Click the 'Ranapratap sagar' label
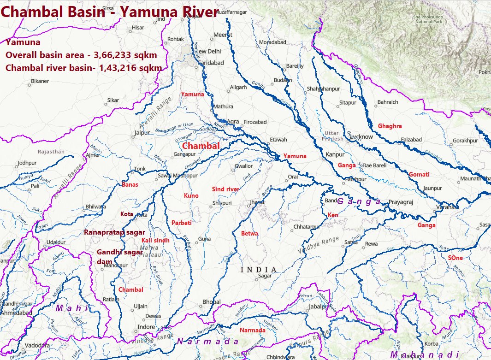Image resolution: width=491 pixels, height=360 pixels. pyautogui.click(x=114, y=232)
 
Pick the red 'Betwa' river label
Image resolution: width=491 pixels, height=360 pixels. pyautogui.click(x=249, y=234)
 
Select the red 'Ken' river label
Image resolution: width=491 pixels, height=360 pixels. pyautogui.click(x=332, y=215)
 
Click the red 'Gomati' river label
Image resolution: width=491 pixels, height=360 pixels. pyautogui.click(x=419, y=175)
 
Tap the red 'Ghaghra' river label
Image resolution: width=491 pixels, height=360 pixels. pyautogui.click(x=390, y=126)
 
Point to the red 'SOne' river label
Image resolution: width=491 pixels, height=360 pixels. pyautogui.click(x=455, y=258)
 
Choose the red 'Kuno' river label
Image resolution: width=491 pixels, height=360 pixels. pyautogui.click(x=191, y=196)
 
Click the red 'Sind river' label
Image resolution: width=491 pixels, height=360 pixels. pyautogui.click(x=225, y=189)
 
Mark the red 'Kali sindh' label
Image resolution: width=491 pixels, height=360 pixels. pyautogui.click(x=155, y=241)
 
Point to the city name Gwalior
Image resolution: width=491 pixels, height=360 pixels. pyautogui.click(x=244, y=166)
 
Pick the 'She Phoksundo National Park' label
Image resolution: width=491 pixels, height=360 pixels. pyautogui.click(x=428, y=19)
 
